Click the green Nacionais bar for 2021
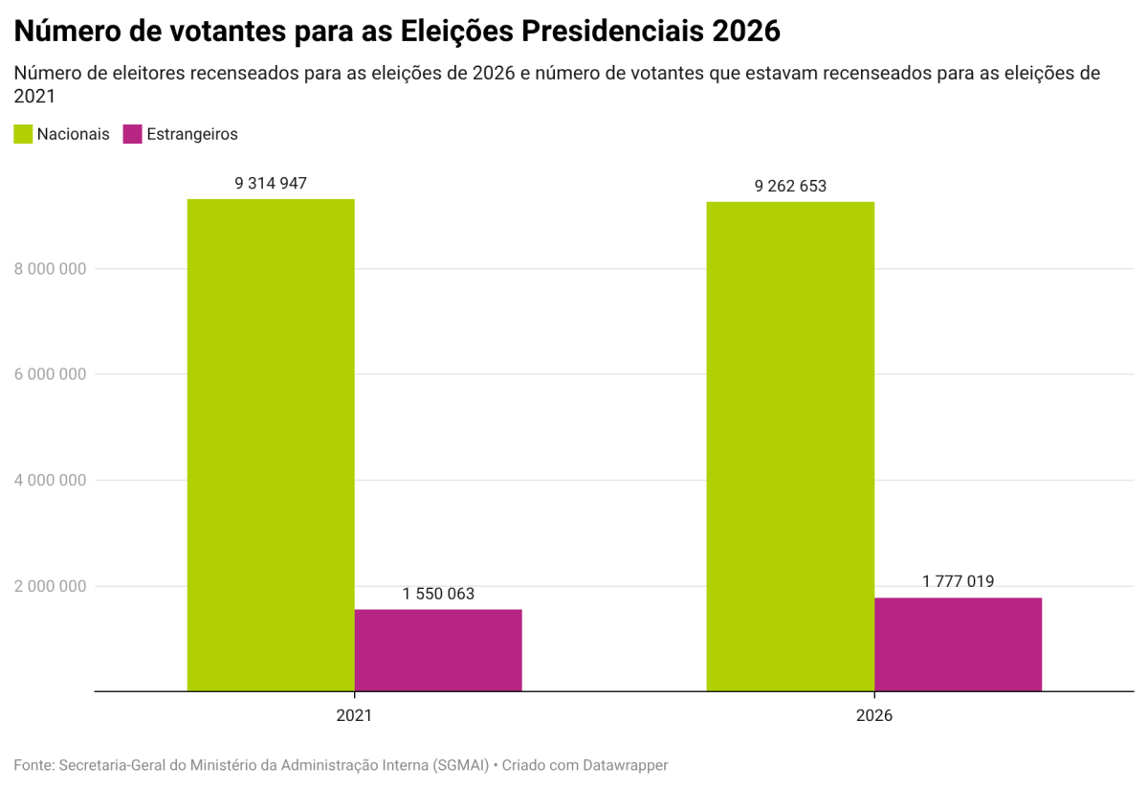271,444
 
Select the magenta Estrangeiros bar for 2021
438,650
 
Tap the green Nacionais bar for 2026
790,446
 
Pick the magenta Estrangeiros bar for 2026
958,644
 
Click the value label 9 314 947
271,184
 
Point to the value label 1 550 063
438,595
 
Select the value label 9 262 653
790,187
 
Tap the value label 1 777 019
958,582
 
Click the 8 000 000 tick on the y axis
51,269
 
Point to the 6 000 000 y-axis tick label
51,374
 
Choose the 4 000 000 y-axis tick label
51,481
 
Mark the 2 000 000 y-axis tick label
51,586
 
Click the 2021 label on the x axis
354,715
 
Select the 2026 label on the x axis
874,715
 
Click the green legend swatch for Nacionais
23,134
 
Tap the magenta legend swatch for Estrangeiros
133,134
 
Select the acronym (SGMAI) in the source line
460,765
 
